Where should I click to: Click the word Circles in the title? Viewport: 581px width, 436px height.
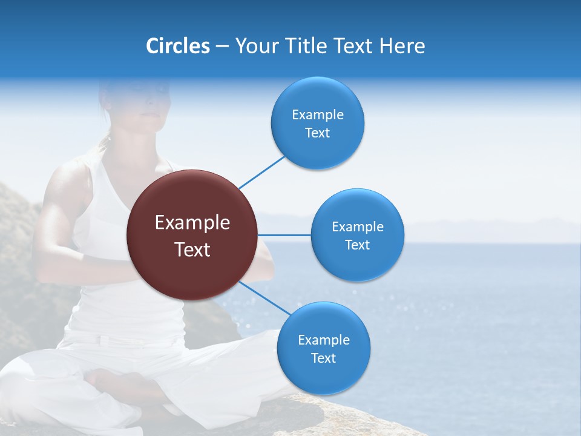click(x=177, y=45)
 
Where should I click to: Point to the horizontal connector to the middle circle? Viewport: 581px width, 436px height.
click(x=284, y=235)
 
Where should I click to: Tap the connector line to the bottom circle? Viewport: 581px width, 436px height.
click(x=264, y=298)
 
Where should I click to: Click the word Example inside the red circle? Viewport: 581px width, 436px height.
click(x=192, y=223)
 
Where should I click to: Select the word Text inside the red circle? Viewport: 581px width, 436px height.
click(x=192, y=249)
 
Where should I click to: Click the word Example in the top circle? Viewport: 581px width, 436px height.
click(x=318, y=114)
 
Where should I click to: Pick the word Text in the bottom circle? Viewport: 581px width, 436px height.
click(x=323, y=358)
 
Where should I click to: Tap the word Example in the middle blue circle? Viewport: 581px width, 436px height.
click(x=358, y=226)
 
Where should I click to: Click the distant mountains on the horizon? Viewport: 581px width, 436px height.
click(x=484, y=227)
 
